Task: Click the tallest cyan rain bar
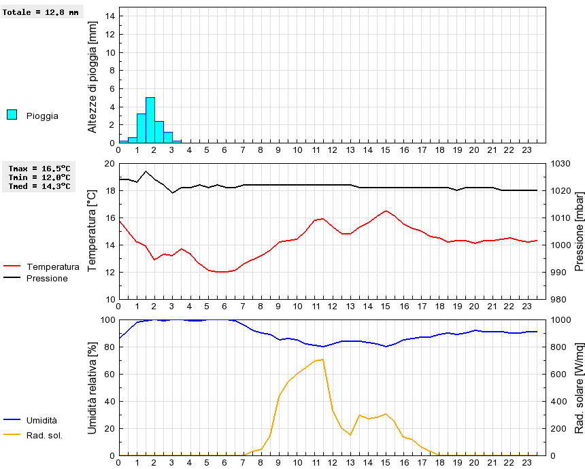[150, 120]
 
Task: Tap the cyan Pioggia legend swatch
[12, 115]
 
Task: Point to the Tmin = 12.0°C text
[39, 177]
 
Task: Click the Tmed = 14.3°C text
[39, 186]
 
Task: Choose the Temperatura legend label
[52, 267]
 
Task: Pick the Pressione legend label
[47, 278]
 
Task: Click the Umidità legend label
[42, 421]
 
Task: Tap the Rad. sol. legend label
[44, 435]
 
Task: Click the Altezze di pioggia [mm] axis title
[93, 75]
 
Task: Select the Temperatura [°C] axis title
[93, 231]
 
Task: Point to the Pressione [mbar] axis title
[580, 231]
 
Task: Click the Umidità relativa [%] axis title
[93, 387]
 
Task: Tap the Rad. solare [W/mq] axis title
[580, 387]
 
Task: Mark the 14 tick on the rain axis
[111, 16]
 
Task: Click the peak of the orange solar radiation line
[322, 359]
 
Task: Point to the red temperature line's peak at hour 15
[386, 211]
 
